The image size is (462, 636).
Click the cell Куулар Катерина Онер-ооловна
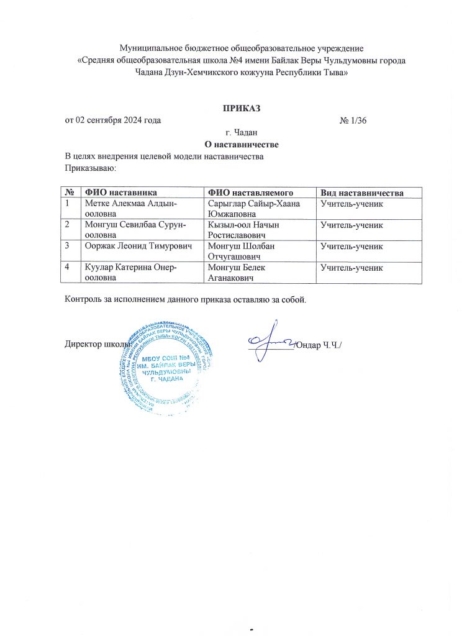[x=130, y=273]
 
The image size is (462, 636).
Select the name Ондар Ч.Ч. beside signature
[x=319, y=345]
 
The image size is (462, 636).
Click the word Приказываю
[x=91, y=168]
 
